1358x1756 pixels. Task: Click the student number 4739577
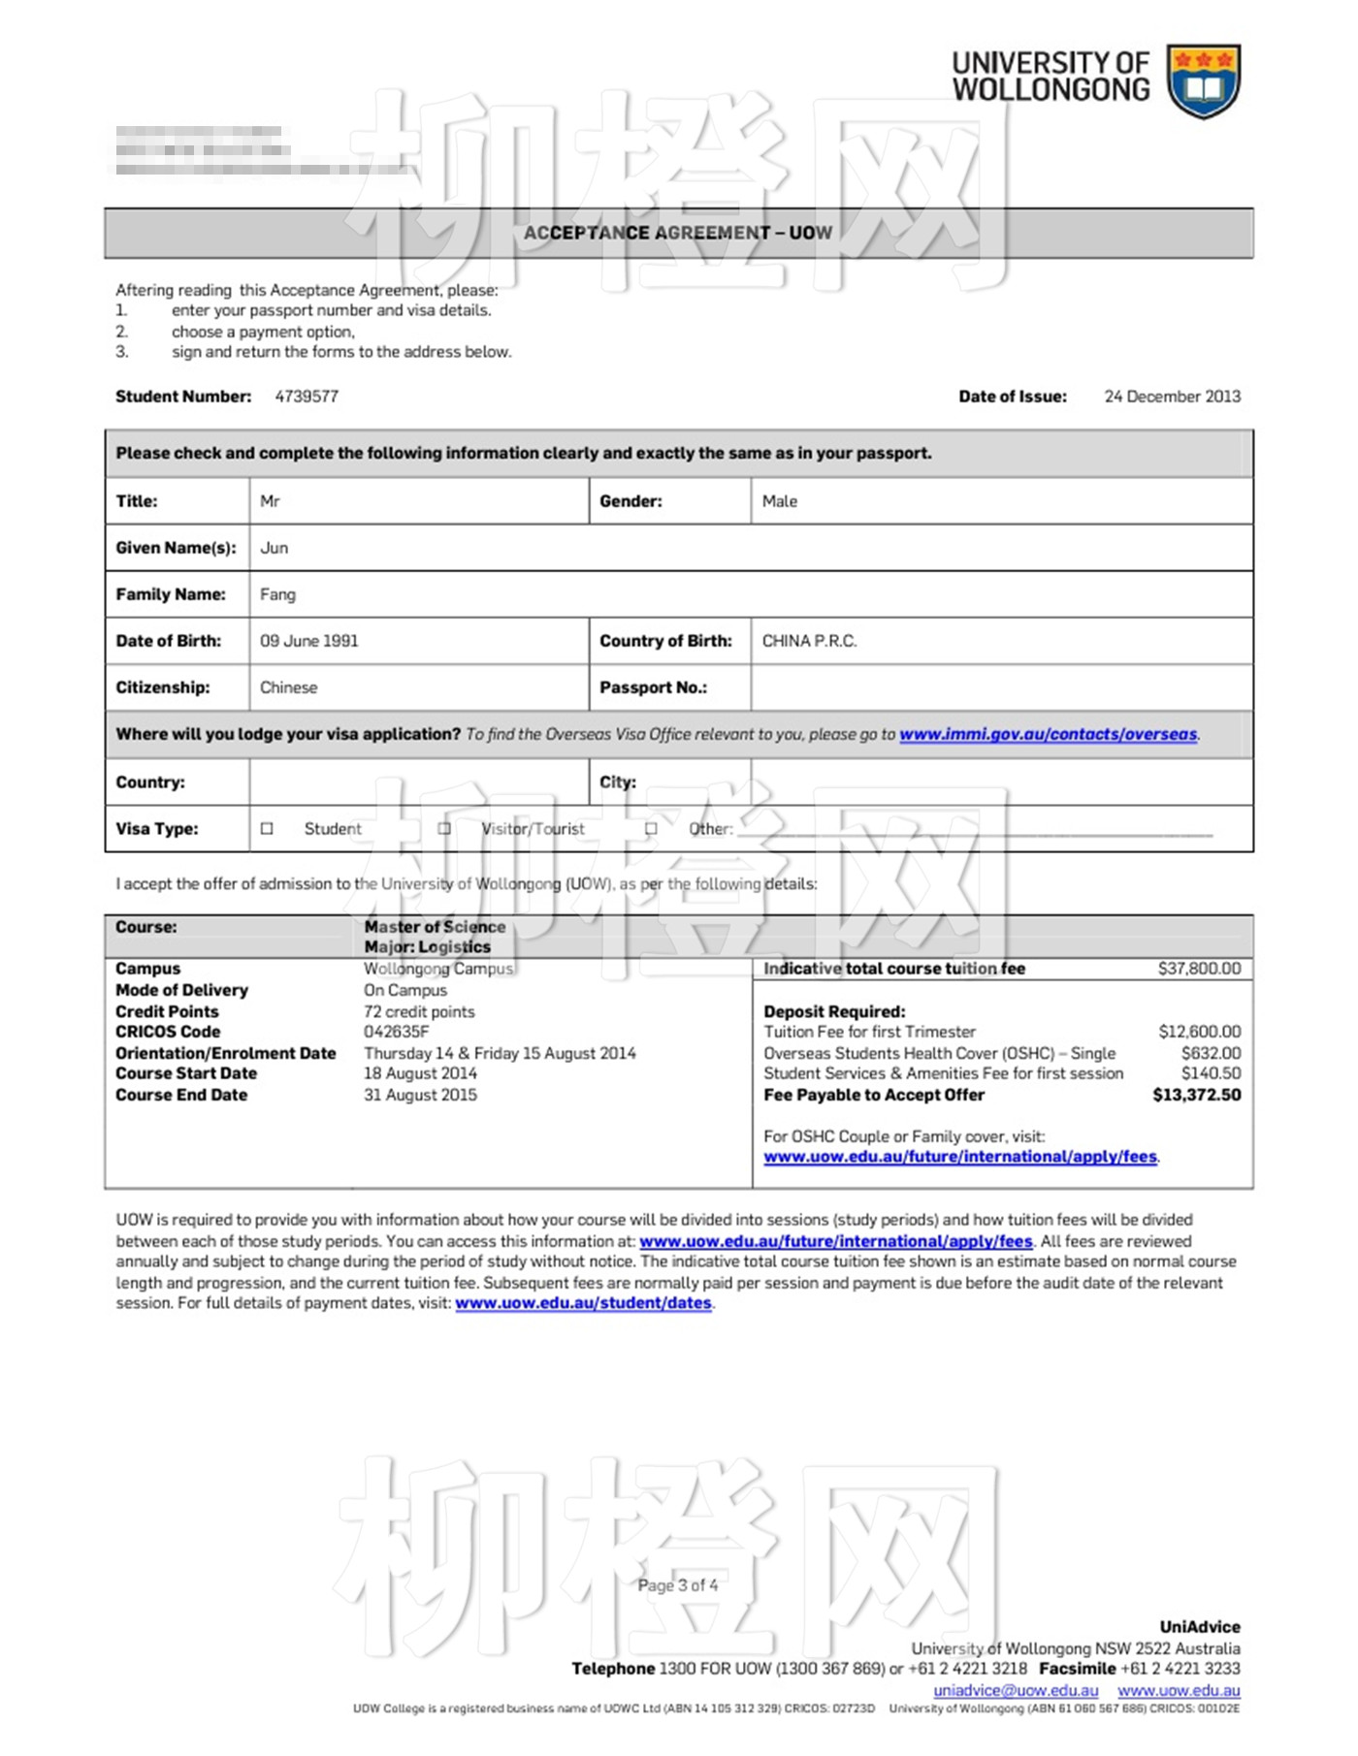coord(307,397)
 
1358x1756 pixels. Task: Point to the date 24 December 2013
coord(1172,397)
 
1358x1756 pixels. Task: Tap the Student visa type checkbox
coord(267,829)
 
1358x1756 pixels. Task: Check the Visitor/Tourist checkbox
coord(444,829)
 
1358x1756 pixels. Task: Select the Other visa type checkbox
coord(651,829)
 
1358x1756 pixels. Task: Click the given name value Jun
coord(274,548)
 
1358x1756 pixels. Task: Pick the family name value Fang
coord(277,594)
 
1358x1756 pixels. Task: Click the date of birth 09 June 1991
coord(308,641)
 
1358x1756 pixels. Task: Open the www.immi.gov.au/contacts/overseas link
coord(1048,734)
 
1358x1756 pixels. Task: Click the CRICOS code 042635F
coord(396,1032)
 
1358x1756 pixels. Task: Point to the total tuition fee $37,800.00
coord(1199,969)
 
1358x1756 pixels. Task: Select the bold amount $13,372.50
coord(1196,1095)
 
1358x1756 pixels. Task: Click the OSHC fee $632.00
coord(1211,1053)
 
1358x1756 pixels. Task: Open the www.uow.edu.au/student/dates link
coord(583,1303)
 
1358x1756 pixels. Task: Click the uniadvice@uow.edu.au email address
coord(1016,1690)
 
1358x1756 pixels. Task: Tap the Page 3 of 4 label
coord(678,1585)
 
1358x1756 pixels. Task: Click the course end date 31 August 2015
coord(420,1095)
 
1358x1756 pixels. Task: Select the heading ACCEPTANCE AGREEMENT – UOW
coord(678,233)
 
